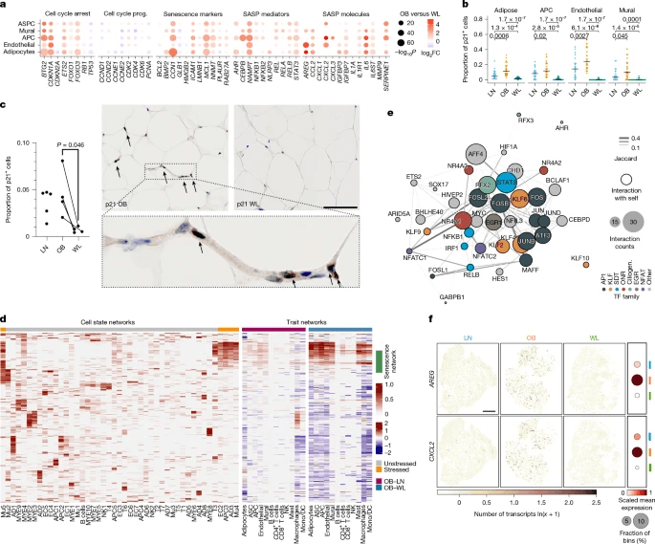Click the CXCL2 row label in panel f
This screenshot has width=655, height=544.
(x=428, y=446)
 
